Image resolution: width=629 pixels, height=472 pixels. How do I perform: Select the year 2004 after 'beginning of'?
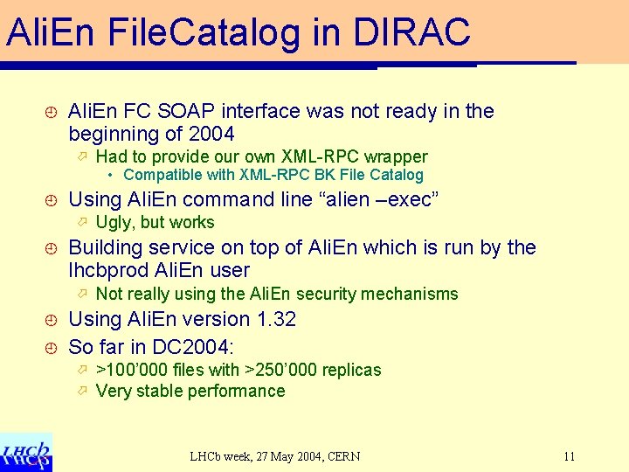tap(211, 135)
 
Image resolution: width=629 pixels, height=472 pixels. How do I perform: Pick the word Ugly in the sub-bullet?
tap(114, 222)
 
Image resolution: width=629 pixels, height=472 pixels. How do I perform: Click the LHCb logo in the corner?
tap(26, 451)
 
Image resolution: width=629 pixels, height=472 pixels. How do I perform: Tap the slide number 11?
tap(570, 456)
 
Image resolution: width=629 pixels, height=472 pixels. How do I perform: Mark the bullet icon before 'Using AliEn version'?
tap(51, 320)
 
